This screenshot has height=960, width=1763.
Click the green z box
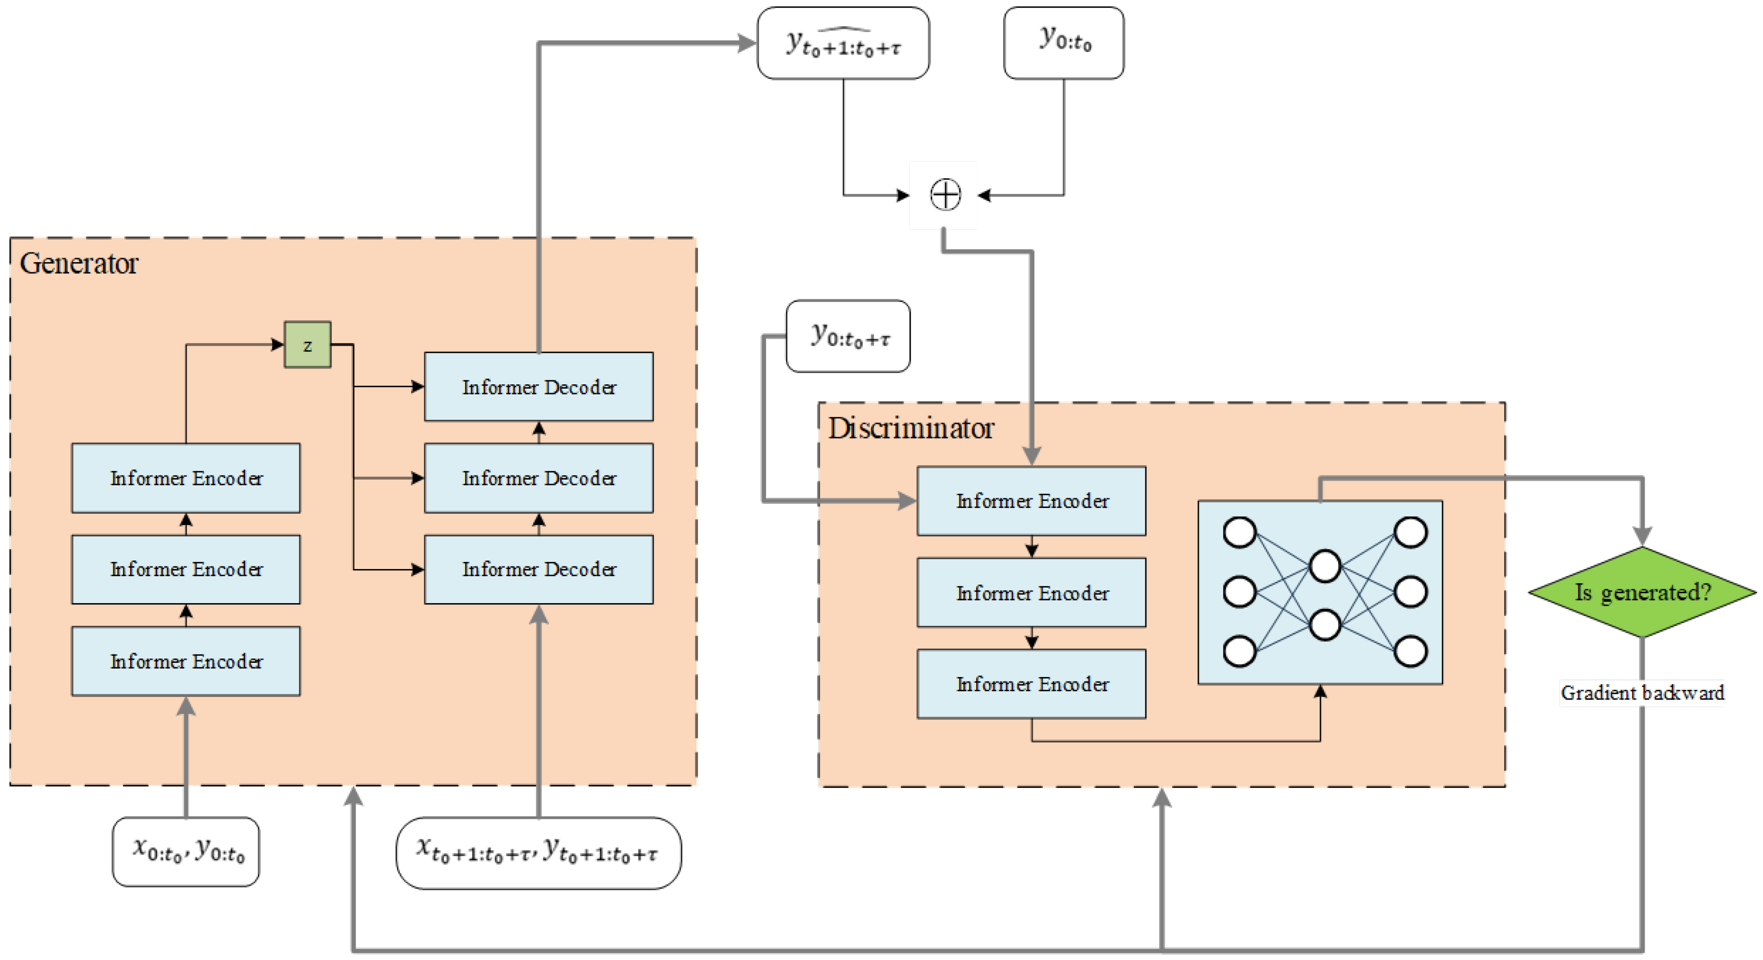(x=307, y=345)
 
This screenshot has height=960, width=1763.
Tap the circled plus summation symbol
(x=945, y=195)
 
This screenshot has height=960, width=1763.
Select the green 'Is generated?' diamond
(x=1641, y=592)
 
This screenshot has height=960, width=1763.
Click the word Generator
(x=79, y=263)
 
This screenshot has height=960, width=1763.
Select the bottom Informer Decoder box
(x=538, y=569)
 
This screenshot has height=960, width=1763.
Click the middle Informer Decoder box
(x=538, y=477)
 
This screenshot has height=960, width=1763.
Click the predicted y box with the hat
(x=843, y=43)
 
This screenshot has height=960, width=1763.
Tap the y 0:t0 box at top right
(x=1063, y=43)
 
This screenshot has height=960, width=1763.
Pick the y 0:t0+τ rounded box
(x=847, y=336)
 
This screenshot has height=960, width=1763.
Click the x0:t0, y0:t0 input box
(x=185, y=851)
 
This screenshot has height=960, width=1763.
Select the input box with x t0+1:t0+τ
(x=538, y=852)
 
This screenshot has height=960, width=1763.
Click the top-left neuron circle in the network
(x=1239, y=532)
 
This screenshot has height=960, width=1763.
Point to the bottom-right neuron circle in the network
(x=1410, y=650)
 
